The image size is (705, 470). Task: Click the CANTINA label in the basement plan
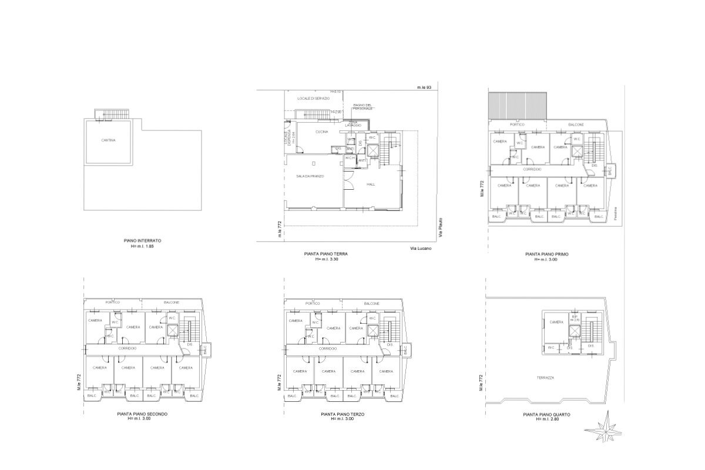(x=108, y=140)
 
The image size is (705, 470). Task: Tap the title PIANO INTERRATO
(x=142, y=241)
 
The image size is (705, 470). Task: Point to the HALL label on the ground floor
(x=371, y=184)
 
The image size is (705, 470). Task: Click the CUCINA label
(x=321, y=132)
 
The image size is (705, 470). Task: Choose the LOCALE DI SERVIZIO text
(x=313, y=98)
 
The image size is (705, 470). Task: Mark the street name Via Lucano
(x=420, y=249)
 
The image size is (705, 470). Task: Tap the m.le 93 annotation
(x=424, y=88)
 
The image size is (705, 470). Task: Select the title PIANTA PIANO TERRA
(x=326, y=254)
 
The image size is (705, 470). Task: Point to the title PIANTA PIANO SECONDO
(x=142, y=414)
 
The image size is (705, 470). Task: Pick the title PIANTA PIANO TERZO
(x=343, y=414)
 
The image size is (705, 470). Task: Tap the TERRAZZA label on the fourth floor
(x=546, y=377)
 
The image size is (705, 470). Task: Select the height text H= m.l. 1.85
(x=142, y=246)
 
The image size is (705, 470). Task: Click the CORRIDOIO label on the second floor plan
(x=127, y=348)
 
